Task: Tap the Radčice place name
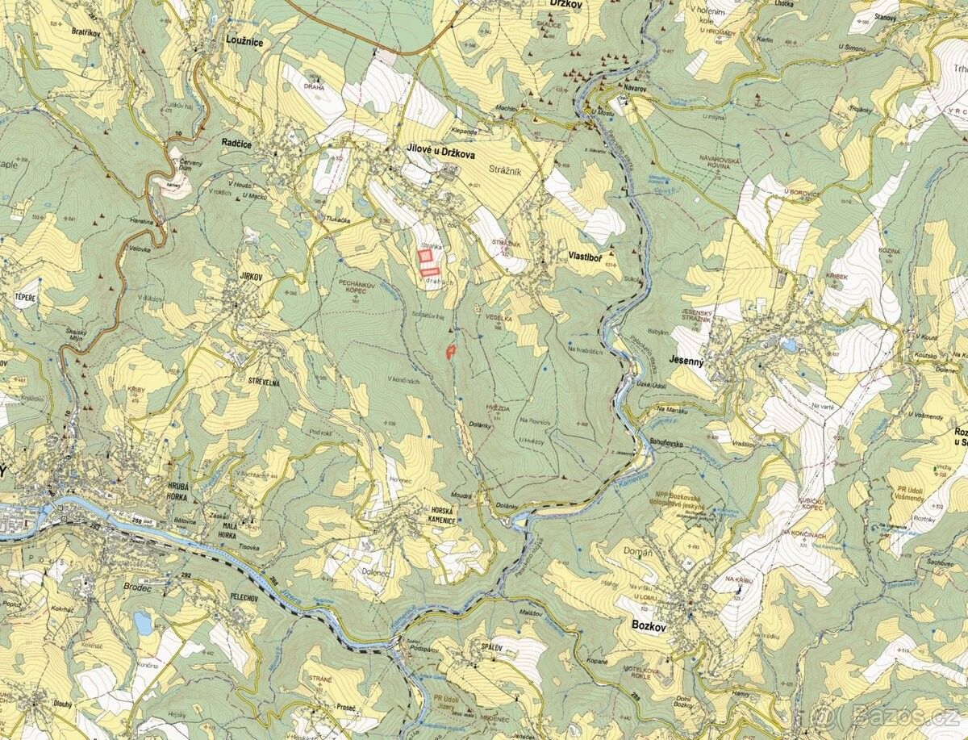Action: coord(236,142)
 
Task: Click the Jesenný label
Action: coord(686,362)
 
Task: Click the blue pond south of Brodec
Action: coord(143,622)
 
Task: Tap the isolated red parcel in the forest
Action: coord(451,350)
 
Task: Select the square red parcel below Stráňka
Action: coord(424,256)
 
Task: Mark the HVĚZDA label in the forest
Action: coord(498,408)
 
